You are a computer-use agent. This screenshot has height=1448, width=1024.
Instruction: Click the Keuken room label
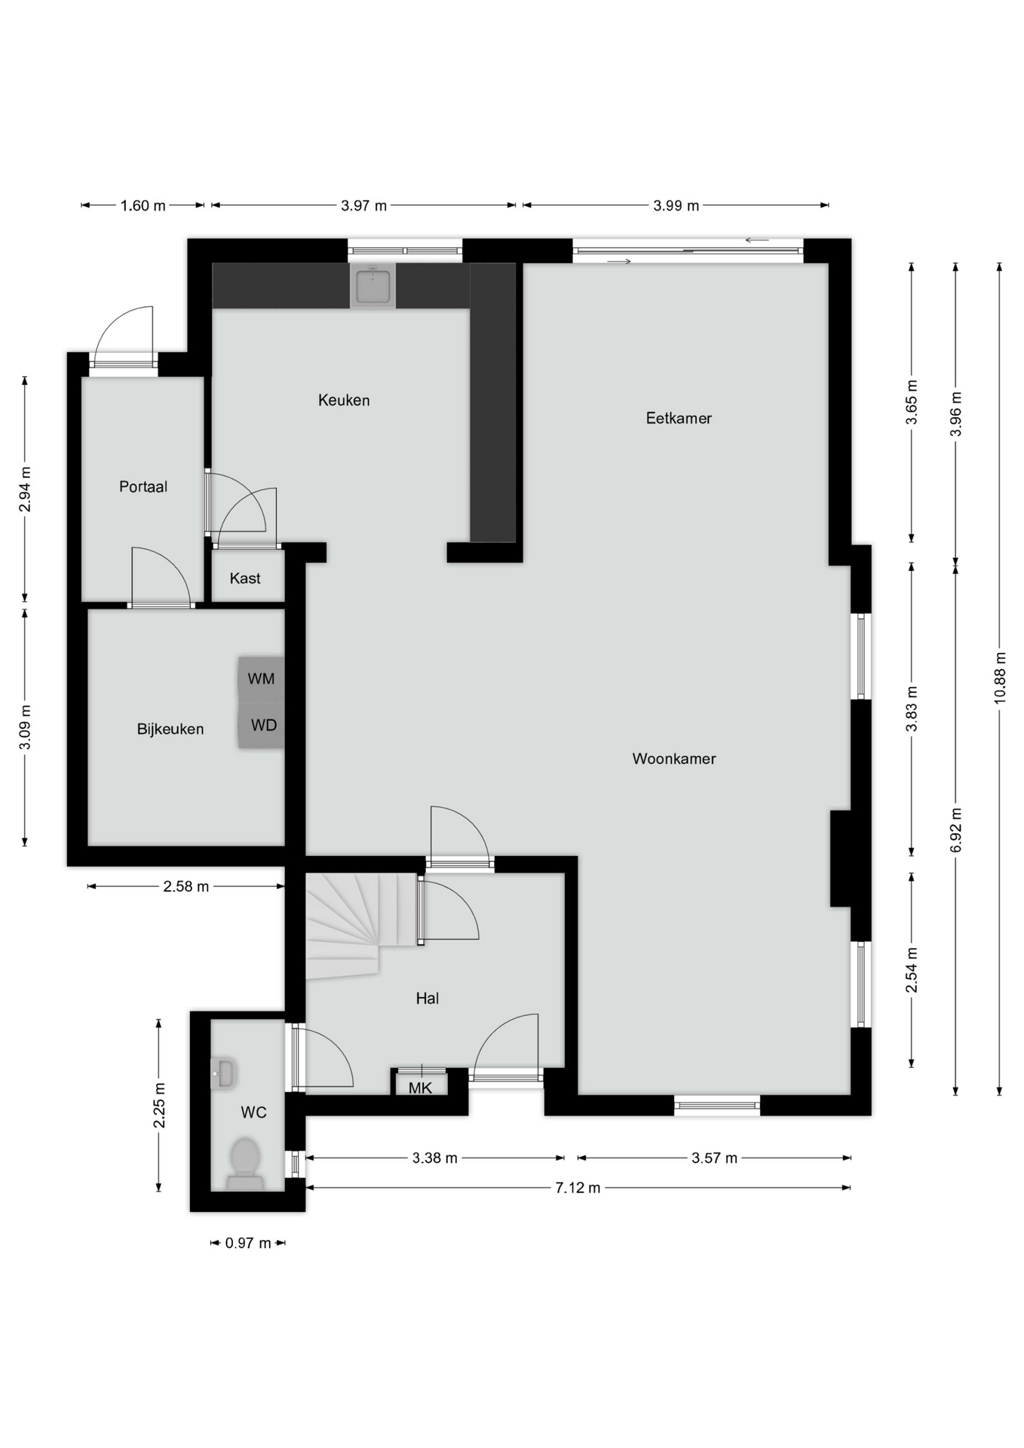coord(344,400)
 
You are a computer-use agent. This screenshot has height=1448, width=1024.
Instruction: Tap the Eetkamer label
coord(679,419)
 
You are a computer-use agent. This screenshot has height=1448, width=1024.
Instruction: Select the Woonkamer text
coord(674,759)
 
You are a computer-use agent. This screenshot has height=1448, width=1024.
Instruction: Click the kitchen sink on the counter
coord(373,285)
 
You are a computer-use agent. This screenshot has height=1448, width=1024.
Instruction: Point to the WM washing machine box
coord(261,679)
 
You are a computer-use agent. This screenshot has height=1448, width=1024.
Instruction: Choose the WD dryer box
coord(263,726)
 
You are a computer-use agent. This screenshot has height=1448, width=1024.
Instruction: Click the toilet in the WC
coord(245,1161)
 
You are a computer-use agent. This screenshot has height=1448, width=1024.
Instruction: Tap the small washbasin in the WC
coord(223,1072)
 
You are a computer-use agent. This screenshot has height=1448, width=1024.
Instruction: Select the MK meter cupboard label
coord(420,1088)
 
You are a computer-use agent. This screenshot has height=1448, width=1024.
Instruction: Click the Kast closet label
coord(245,578)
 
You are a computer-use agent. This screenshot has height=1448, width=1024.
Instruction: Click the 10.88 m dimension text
coord(1000,677)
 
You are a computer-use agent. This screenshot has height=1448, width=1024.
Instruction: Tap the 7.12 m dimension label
coord(578,1188)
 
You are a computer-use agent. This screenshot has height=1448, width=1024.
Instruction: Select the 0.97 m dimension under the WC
coord(247,1243)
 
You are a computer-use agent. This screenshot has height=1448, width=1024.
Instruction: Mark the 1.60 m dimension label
coord(143,206)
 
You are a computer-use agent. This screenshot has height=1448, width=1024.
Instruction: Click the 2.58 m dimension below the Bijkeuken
coord(185,887)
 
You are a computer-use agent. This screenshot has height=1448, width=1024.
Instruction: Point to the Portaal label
coord(143,487)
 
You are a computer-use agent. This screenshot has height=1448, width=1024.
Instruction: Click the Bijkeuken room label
coord(170,729)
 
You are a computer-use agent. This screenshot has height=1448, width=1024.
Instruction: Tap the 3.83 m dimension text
coord(912,709)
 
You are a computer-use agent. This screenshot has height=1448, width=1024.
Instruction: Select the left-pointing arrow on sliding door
coord(756,241)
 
